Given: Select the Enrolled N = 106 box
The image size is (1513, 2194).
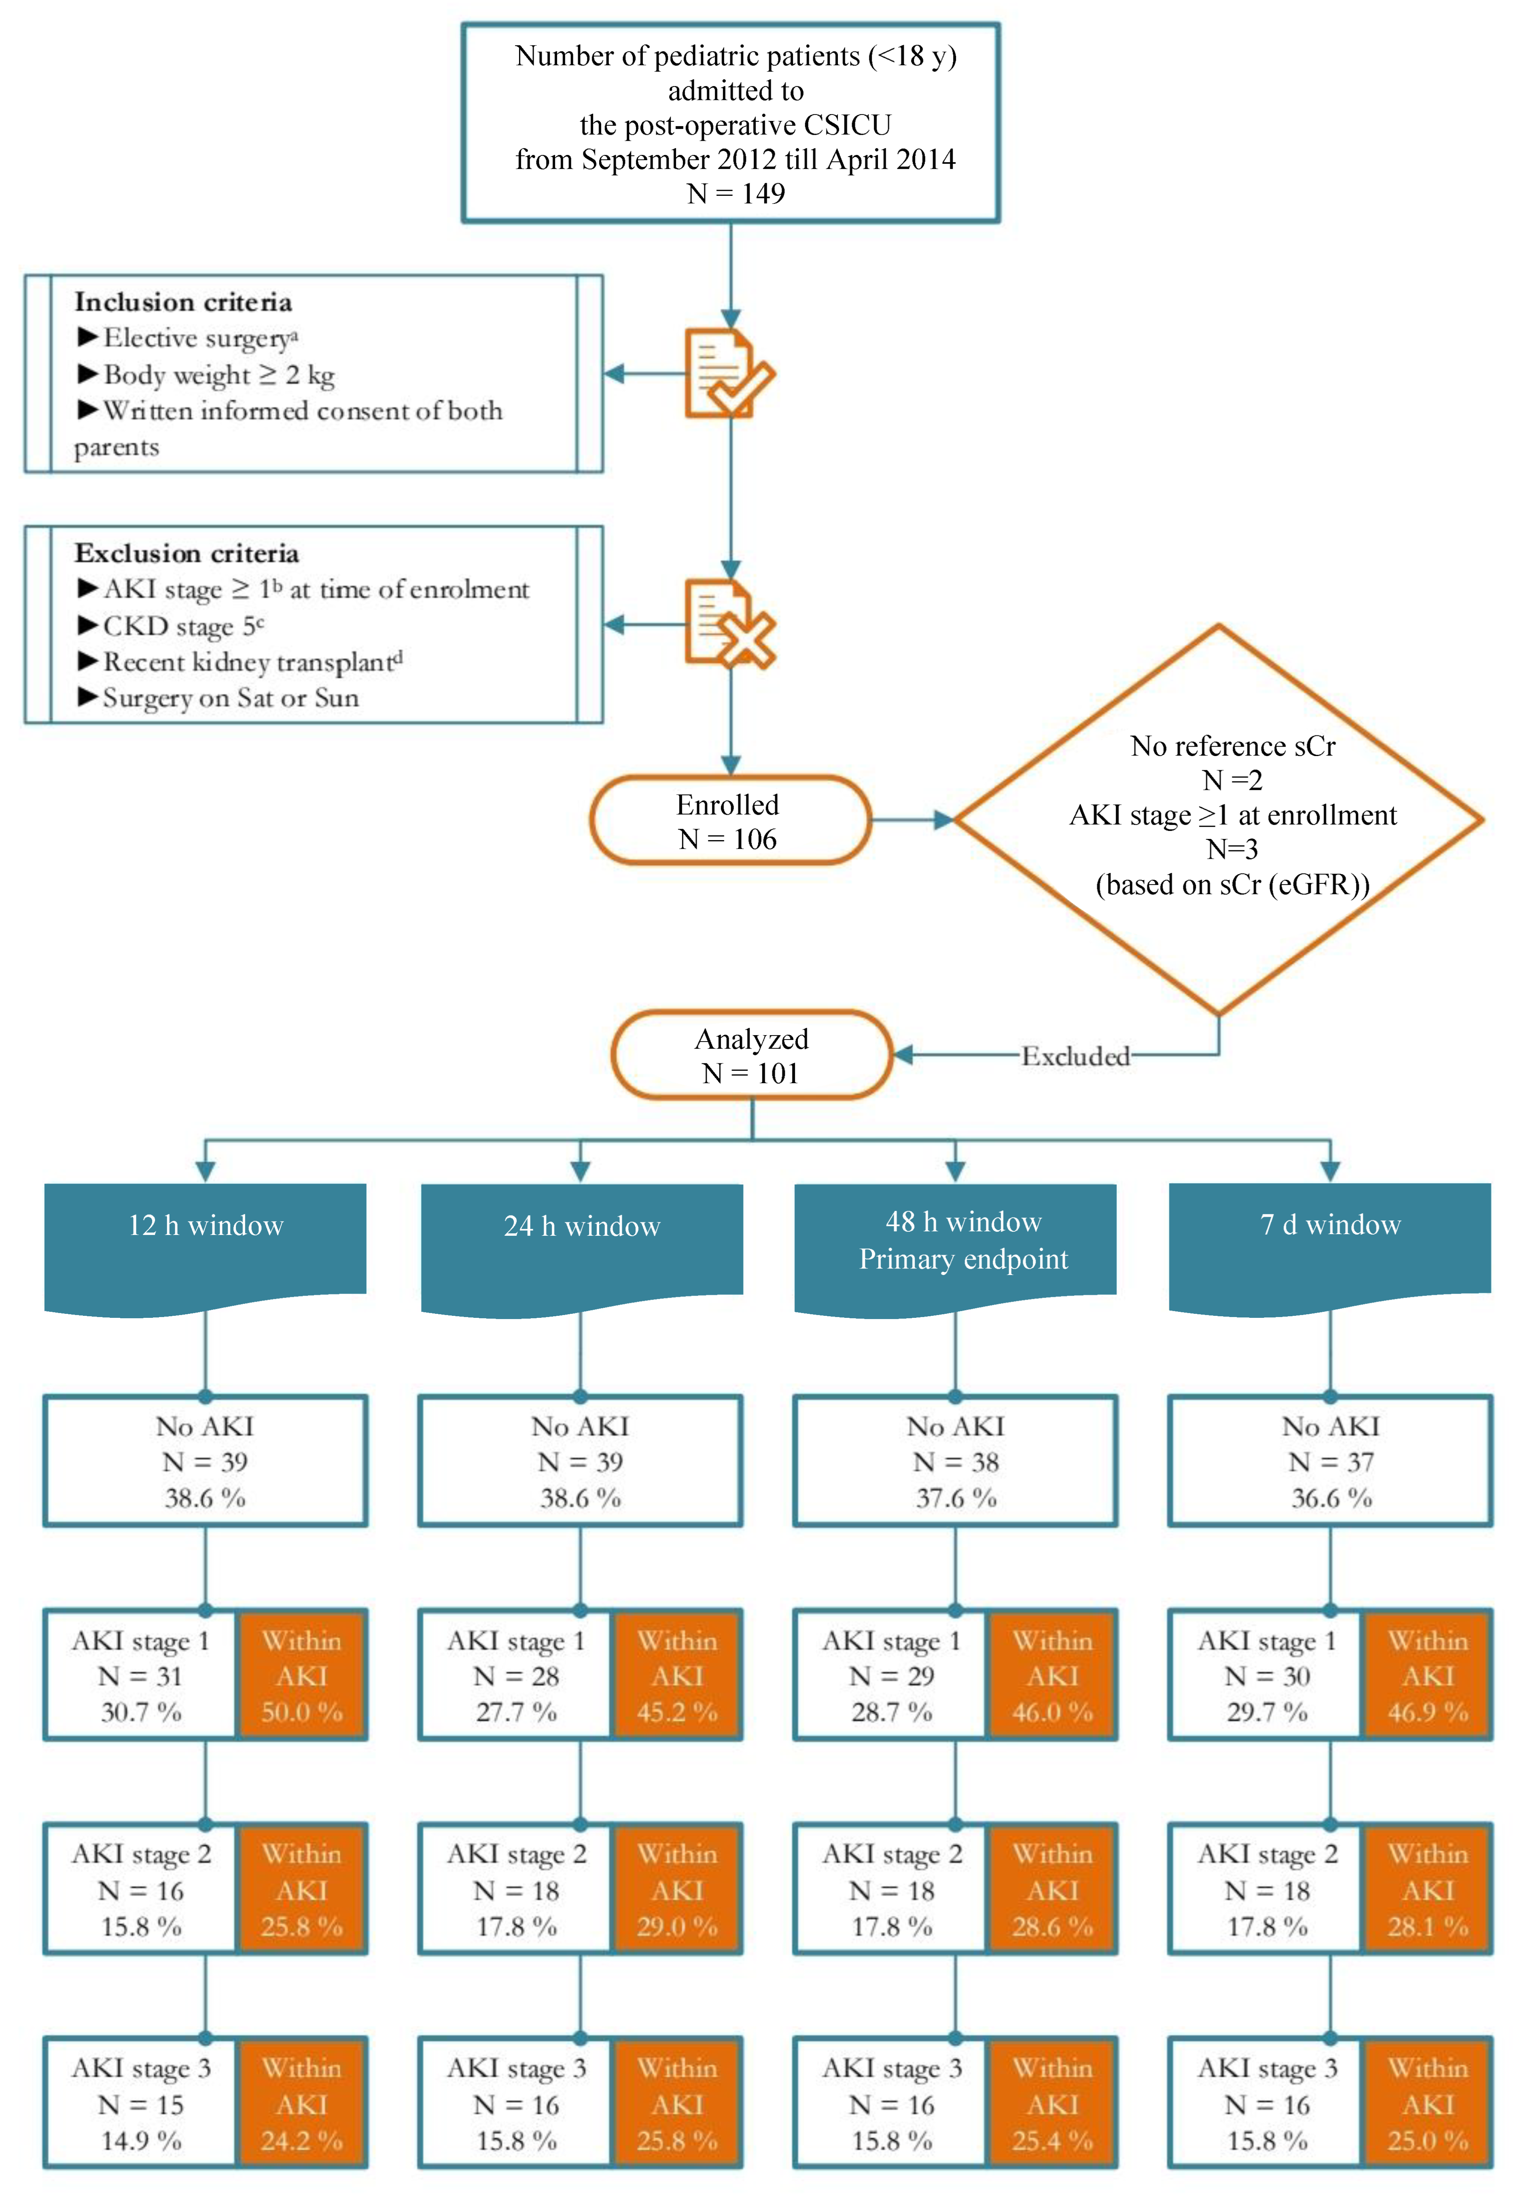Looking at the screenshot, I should point(728,821).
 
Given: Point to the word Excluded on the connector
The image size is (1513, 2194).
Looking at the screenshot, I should point(1075,1056).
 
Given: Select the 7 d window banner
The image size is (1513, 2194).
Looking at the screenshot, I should point(1330,1225).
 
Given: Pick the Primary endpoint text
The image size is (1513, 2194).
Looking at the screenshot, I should point(963,1260).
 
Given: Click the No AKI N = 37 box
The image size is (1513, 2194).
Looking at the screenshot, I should point(1330,1461).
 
